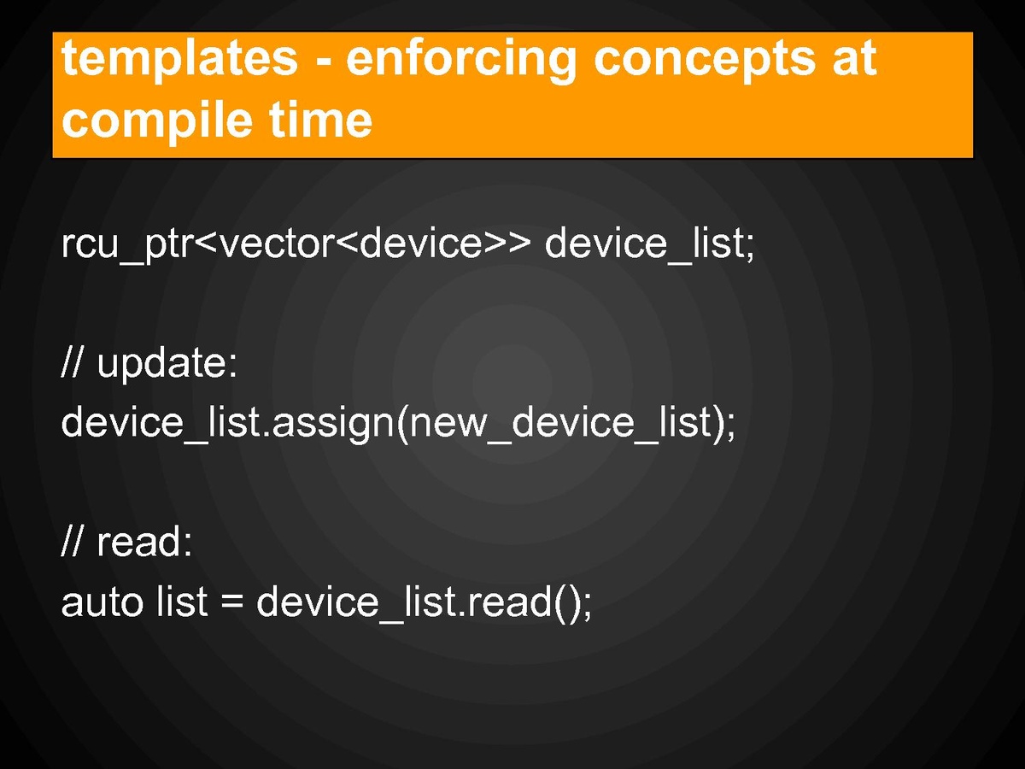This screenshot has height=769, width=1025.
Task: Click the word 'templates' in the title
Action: [x=179, y=60]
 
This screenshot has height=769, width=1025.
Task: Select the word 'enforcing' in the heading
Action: [x=460, y=60]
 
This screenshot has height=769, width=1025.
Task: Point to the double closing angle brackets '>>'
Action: [x=507, y=244]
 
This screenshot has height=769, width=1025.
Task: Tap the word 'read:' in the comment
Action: [x=144, y=542]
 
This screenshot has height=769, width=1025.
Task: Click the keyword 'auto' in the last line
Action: [x=102, y=602]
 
